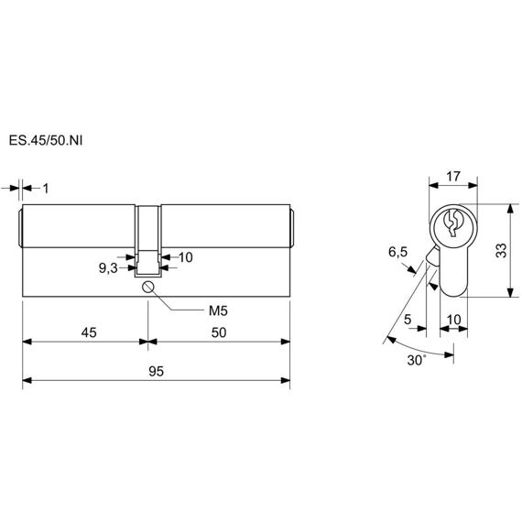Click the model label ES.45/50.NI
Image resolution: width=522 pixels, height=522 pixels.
46,140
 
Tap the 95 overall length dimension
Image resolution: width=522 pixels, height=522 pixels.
156,371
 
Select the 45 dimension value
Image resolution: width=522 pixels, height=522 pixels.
89,332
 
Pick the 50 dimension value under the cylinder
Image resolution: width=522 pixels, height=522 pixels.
219,332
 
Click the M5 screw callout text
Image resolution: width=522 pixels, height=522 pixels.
218,311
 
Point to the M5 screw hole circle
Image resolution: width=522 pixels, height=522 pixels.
147,287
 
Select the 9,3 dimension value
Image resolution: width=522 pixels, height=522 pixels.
108,268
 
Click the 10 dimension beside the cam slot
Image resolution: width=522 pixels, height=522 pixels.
185,257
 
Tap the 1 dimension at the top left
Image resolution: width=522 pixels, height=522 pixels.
46,189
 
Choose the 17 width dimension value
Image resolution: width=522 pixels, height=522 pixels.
453,177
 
